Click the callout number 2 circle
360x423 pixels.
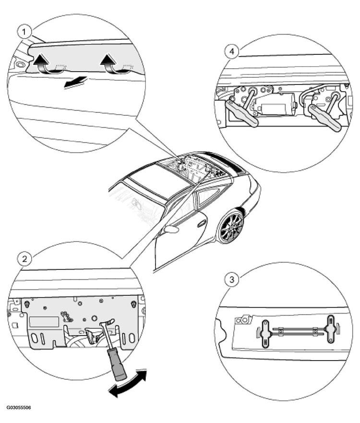pyautogui.click(x=24, y=259)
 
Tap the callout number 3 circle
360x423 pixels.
pyautogui.click(x=232, y=279)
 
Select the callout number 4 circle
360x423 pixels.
pyautogui.click(x=232, y=51)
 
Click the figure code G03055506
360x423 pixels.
pyautogui.click(x=19, y=407)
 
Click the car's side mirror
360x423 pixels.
pyautogui.click(x=171, y=230)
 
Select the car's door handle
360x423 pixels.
pyautogui.click(x=202, y=223)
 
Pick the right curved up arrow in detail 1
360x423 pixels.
pyautogui.click(x=111, y=63)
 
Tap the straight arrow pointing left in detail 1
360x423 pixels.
pyautogui.click(x=75, y=82)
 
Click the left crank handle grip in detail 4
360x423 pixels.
pyautogui.click(x=241, y=114)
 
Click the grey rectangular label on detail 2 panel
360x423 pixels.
pyautogui.click(x=44, y=322)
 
